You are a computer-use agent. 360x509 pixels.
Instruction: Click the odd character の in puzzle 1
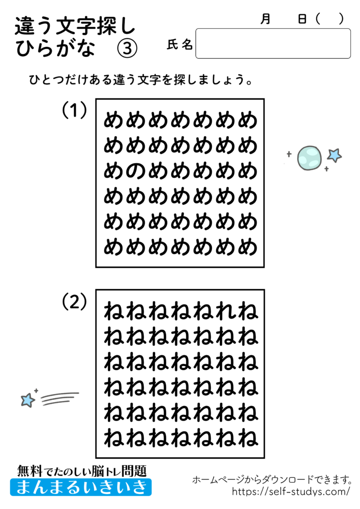136,171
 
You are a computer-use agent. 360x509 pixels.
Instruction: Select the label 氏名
180,45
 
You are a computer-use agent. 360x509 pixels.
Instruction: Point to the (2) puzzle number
75,301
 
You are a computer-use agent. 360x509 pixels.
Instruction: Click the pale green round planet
309,158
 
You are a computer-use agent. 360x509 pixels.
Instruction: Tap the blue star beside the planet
335,155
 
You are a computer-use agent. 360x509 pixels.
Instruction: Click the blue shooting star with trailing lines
28,399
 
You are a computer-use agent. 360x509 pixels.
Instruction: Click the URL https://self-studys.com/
291,492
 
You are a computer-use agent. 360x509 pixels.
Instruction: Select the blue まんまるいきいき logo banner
81,487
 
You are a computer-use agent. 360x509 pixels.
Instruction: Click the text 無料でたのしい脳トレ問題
82,470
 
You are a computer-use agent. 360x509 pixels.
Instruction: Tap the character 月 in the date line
266,19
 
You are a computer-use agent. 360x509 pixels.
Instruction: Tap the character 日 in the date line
302,19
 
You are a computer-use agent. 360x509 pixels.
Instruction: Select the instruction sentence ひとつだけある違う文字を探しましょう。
139,81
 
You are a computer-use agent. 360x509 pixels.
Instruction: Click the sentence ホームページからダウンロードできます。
272,480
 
